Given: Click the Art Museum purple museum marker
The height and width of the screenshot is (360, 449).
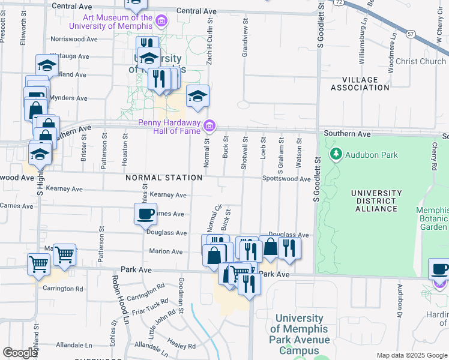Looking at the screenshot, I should tap(161, 22).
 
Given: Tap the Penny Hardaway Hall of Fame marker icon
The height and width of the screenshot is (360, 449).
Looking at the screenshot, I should tap(209, 125).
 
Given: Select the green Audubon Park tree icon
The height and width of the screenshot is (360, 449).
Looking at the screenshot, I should tap(336, 155).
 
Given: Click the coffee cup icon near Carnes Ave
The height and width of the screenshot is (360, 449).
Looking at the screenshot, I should tap(145, 214).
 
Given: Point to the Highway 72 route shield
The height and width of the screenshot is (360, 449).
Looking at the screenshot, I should tap(339, 2).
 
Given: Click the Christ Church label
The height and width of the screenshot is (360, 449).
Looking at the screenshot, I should tap(421, 61).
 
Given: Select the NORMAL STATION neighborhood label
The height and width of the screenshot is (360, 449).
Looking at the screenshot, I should tap(164, 178).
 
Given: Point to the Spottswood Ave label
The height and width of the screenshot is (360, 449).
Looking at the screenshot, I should tap(286, 179).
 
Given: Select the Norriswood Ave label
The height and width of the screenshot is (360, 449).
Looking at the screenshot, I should tap(74, 39).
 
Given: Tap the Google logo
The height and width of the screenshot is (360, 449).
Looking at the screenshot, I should tap(20, 353).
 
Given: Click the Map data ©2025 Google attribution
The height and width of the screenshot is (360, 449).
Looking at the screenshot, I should tap(411, 355).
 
